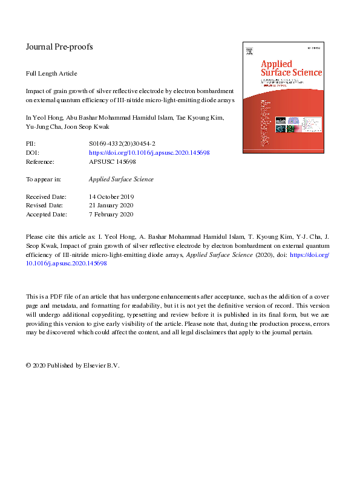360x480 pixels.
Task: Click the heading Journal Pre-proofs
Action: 59,47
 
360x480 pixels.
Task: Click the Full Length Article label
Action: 51,74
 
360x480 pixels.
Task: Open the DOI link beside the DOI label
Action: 149,153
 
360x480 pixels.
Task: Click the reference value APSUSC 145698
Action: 112,162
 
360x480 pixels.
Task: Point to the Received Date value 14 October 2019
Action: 111,197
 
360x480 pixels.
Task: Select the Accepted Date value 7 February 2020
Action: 111,215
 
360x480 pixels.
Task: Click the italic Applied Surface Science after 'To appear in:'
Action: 121,180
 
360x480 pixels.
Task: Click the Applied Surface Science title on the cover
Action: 290,68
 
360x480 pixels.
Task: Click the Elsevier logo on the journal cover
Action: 247,54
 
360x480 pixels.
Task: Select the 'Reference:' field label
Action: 40,162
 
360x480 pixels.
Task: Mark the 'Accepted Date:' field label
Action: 46,215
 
